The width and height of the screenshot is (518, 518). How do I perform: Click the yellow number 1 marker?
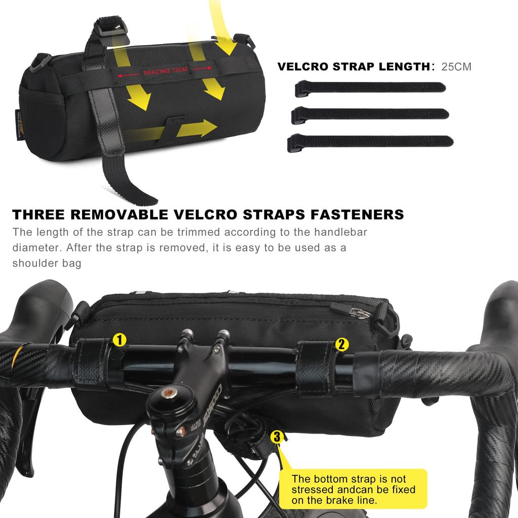[x=119, y=339]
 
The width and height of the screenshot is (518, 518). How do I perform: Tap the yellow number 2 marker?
[x=342, y=345]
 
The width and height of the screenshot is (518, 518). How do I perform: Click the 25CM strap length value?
[x=456, y=66]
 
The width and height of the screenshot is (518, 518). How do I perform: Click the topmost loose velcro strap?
[x=370, y=88]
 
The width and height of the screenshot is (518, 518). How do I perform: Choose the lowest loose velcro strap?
[x=370, y=141]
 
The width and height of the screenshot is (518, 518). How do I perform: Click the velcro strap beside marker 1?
[x=93, y=363]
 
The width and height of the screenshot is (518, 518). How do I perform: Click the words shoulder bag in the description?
[x=47, y=264]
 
